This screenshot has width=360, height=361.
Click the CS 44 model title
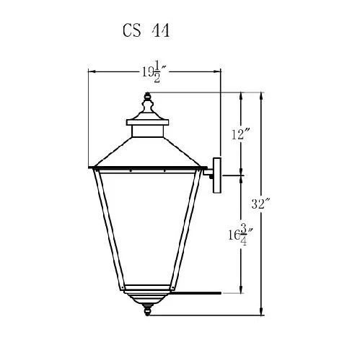[146, 30]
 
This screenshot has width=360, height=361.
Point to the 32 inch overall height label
[261, 204]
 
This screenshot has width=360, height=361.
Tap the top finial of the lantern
[147, 103]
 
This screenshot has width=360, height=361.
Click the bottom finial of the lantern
[147, 310]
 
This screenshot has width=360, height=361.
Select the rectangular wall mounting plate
[217, 175]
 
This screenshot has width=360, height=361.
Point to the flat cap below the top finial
[147, 122]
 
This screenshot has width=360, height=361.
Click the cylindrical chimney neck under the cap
[147, 131]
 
